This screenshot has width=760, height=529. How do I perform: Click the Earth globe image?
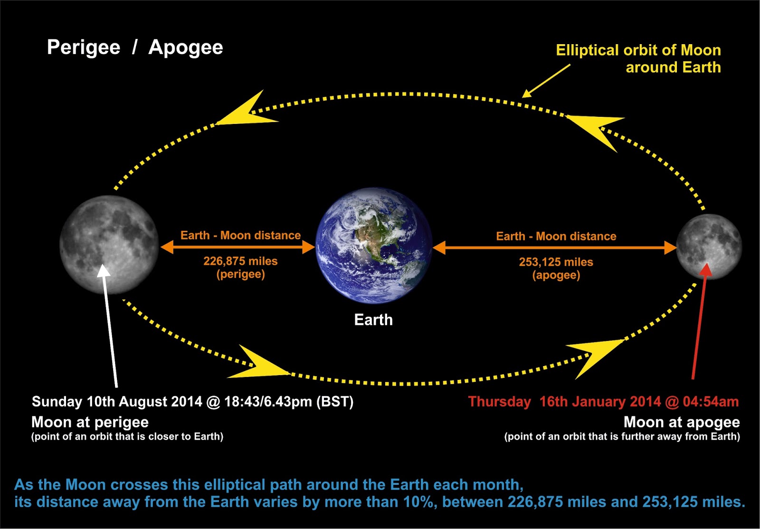pyautogui.click(x=373, y=245)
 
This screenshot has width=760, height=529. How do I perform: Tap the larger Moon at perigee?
pyautogui.click(x=109, y=245)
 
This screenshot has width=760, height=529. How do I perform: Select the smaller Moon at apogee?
pyautogui.click(x=709, y=247)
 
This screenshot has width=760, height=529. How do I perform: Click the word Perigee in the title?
pyautogui.click(x=84, y=47)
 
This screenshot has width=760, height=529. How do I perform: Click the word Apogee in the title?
pyautogui.click(x=186, y=47)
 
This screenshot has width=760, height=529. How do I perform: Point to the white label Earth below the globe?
pyautogui.click(x=373, y=320)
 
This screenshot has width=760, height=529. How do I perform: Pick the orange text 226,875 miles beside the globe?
pyautogui.click(x=240, y=261)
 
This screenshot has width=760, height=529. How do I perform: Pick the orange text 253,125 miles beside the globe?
pyautogui.click(x=556, y=262)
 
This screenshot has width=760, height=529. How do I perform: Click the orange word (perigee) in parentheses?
pyautogui.click(x=240, y=274)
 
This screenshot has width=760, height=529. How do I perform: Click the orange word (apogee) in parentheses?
pyautogui.click(x=556, y=275)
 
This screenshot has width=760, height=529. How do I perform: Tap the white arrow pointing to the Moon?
pyautogui.click(x=110, y=326)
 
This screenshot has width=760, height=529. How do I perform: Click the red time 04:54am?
pyautogui.click(x=711, y=401)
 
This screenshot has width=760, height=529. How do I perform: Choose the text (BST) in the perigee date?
pyautogui.click(x=335, y=402)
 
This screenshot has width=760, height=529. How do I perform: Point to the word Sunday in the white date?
pyautogui.click(x=57, y=402)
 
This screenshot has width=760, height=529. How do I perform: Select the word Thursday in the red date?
pyautogui.click(x=499, y=402)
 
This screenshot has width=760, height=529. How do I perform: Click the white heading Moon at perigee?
pyautogui.click(x=90, y=423)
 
